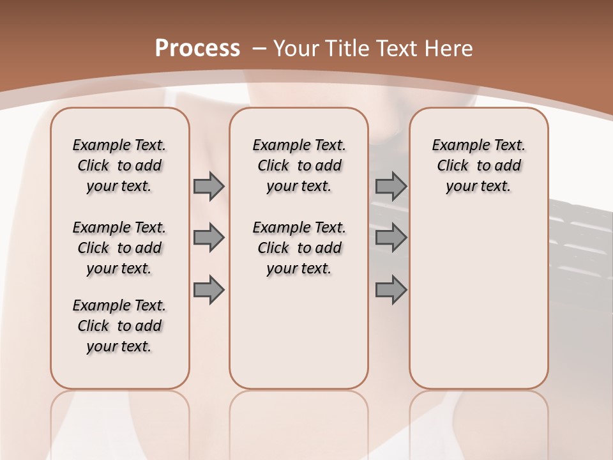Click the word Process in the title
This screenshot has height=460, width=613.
tap(197, 48)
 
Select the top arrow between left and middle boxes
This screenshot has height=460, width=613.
tap(209, 186)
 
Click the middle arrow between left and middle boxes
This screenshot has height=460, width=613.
tap(209, 238)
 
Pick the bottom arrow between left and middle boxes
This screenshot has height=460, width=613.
tap(209, 289)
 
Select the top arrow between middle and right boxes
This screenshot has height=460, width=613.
tap(391, 186)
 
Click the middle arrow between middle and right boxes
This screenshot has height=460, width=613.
tap(391, 238)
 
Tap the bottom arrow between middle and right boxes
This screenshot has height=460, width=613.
tap(391, 289)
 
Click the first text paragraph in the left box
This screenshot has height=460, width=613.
tap(119, 165)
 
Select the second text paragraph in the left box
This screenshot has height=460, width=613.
tap(119, 248)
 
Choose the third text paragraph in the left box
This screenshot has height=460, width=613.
tap(119, 326)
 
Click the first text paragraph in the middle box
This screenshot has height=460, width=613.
tap(299, 165)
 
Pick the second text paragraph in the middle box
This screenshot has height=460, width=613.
tap(299, 248)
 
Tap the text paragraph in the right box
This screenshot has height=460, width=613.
tap(479, 165)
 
